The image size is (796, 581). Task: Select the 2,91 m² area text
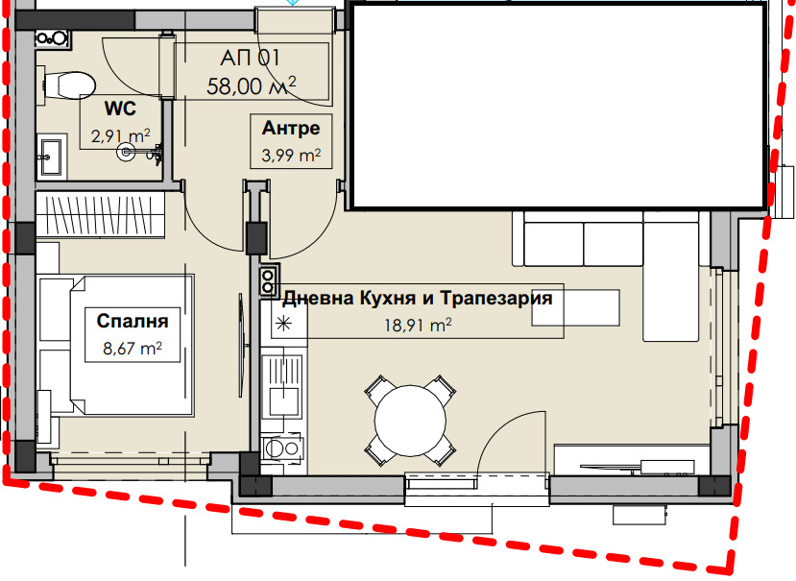120,136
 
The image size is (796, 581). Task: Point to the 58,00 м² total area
251,85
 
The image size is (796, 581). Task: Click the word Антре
291,129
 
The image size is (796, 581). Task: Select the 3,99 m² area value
291,154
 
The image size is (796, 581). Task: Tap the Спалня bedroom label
127,322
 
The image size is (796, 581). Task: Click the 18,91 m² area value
417,327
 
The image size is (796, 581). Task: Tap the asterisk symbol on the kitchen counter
283,324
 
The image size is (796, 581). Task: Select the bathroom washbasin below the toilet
52,154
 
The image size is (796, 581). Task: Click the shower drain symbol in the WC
126,151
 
